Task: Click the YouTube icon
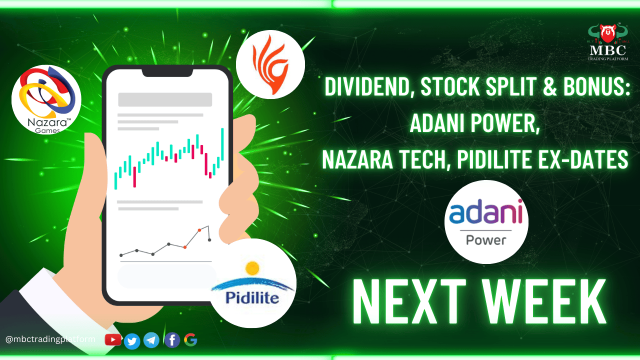click(x=113, y=339)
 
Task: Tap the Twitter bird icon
click(x=132, y=341)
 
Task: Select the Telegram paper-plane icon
click(x=151, y=340)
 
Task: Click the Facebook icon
click(x=172, y=340)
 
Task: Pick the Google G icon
click(x=190, y=339)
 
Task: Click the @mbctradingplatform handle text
click(x=50, y=339)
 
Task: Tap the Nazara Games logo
click(x=46, y=99)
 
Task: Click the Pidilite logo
click(x=252, y=283)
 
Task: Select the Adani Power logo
click(x=486, y=222)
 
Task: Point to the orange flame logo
click(x=270, y=64)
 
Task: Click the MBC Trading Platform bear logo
click(x=607, y=42)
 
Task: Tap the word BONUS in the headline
click(x=596, y=86)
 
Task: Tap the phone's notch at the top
click(x=167, y=73)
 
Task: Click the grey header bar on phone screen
click(x=165, y=99)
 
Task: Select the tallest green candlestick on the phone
click(x=222, y=144)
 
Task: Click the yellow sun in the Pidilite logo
click(x=252, y=268)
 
